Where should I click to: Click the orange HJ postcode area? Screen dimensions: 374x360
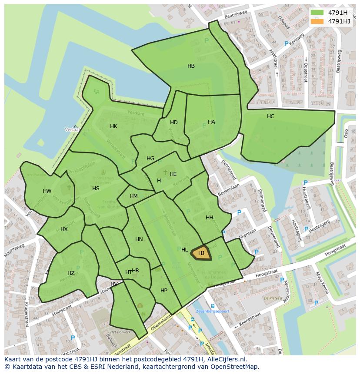click(x=201, y=253)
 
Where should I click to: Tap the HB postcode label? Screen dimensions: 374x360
click(x=191, y=66)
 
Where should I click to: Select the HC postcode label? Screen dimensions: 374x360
click(x=270, y=116)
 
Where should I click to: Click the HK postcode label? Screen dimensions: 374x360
click(x=113, y=126)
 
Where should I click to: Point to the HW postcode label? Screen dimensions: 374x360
click(x=47, y=191)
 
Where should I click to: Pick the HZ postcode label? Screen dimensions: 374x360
click(x=71, y=273)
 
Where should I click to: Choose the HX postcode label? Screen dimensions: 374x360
click(x=64, y=229)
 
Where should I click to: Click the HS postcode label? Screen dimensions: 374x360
click(x=96, y=189)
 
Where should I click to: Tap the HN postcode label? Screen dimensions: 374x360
click(x=139, y=239)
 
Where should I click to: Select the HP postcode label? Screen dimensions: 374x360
click(x=163, y=291)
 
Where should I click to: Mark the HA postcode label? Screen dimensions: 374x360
click(x=211, y=122)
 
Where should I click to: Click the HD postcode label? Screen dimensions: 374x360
click(x=174, y=122)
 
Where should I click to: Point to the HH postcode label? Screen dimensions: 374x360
click(x=210, y=218)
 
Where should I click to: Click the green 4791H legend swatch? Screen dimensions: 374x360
click(x=317, y=12)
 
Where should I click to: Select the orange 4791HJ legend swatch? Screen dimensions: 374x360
click(x=317, y=21)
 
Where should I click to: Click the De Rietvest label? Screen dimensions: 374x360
click(x=273, y=298)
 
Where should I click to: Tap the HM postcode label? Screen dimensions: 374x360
click(x=133, y=196)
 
